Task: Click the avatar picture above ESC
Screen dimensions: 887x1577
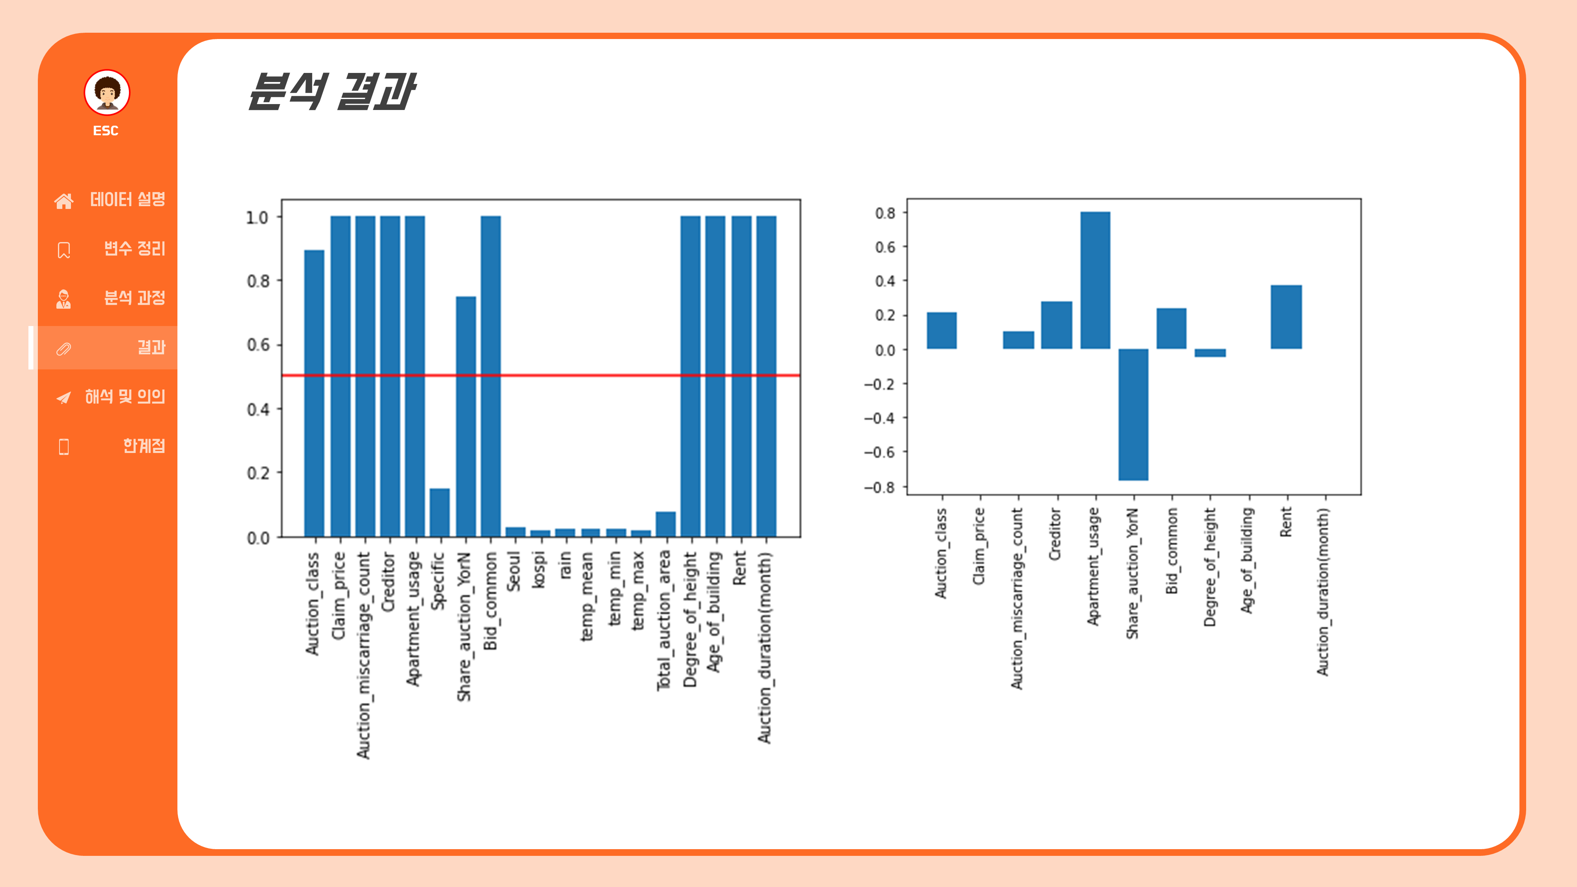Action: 107,92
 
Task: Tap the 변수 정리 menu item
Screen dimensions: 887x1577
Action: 134,248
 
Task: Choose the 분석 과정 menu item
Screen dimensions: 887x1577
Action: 134,298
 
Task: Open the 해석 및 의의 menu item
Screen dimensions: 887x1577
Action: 125,397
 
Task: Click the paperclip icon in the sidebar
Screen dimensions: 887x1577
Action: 63,348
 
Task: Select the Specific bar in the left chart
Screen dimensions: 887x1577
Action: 440,512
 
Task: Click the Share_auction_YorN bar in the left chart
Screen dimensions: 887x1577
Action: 466,416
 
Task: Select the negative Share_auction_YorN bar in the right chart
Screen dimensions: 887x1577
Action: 1133,414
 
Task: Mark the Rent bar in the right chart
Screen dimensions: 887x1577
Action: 1286,317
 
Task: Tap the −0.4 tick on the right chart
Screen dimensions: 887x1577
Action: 879,419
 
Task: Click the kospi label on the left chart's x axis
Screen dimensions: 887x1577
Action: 539,570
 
